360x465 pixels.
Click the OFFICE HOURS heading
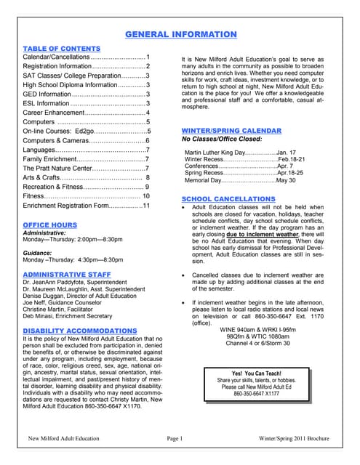coord(49,225)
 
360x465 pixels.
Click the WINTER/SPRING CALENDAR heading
coord(233,130)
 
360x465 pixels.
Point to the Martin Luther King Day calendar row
coord(240,152)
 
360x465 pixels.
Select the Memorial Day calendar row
coord(240,180)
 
